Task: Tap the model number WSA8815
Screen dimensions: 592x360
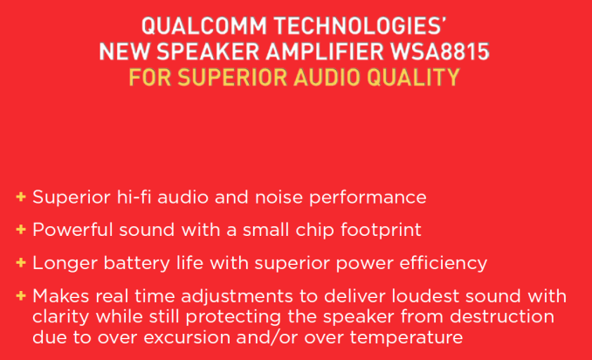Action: click(440, 52)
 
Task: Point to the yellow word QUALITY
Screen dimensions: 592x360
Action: click(413, 77)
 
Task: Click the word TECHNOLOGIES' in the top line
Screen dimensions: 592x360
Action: click(361, 26)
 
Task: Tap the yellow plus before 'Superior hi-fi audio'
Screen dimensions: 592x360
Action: click(21, 197)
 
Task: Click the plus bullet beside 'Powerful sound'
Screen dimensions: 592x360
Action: click(21, 229)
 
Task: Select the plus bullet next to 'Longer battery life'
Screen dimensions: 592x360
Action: click(21, 262)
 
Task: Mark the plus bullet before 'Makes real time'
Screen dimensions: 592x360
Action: click(21, 295)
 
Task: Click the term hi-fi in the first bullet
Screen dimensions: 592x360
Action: click(134, 197)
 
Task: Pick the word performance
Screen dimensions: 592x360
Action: click(368, 198)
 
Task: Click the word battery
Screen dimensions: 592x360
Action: click(137, 264)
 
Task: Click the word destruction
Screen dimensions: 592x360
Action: click(502, 316)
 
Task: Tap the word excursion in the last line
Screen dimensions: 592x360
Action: click(187, 337)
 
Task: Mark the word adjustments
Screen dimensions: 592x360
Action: click(237, 297)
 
